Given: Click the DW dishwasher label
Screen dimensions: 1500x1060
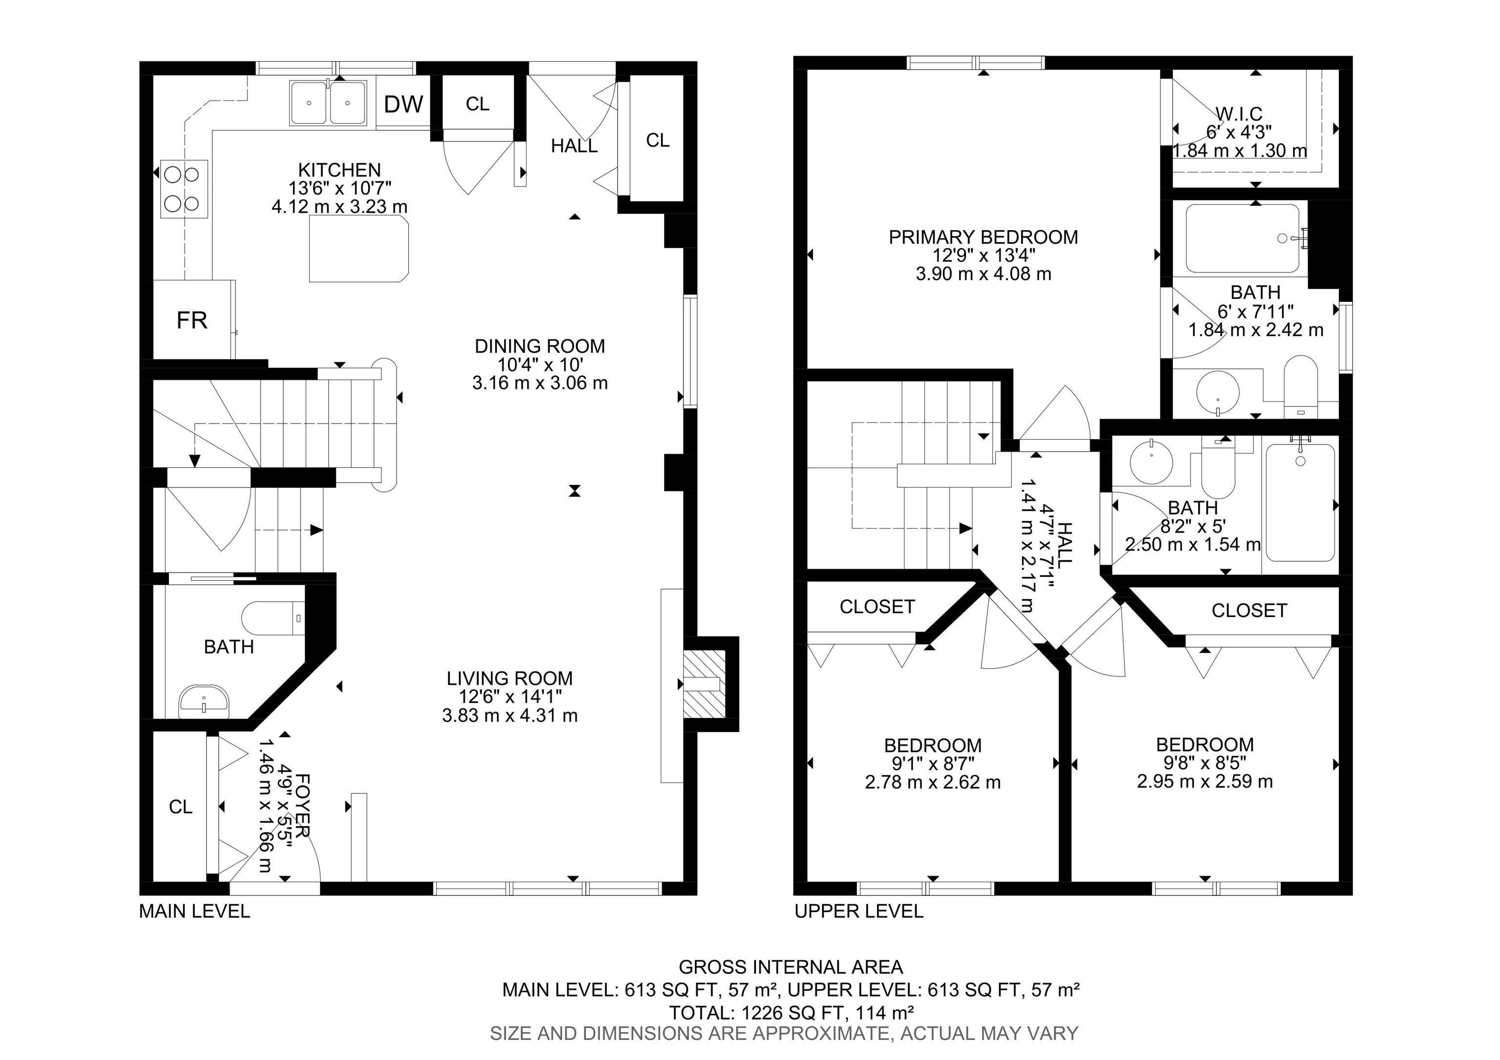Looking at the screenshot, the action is (403, 104).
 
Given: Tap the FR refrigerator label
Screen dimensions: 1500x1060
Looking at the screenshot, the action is (192, 320).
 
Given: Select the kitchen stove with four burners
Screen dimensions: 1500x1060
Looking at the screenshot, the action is (184, 189).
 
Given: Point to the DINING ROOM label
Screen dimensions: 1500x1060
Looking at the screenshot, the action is (540, 346).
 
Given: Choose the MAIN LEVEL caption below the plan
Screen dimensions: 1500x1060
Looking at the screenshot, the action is (195, 911).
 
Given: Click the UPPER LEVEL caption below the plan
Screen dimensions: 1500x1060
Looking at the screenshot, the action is (859, 911).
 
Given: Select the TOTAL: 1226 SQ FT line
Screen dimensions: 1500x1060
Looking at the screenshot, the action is (791, 1013).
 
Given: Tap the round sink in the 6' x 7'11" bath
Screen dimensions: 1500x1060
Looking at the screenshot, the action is (1218, 393).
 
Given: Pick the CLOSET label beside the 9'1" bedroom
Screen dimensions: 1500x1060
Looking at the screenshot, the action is (877, 607).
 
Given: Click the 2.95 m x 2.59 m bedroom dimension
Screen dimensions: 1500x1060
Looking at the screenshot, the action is (1205, 781).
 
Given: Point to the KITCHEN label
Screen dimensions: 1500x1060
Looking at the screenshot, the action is (340, 170).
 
